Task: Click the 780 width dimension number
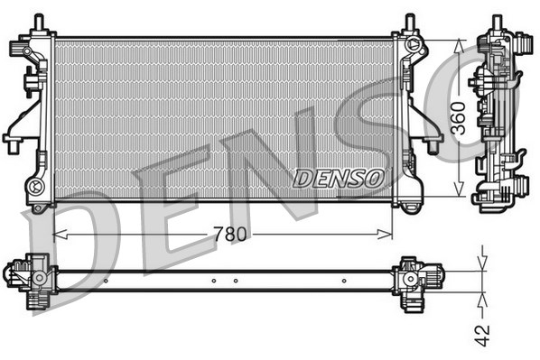pos(231,235)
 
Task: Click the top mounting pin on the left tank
pos(39,21)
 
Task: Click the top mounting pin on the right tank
pos(409,21)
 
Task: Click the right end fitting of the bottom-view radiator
pos(417,274)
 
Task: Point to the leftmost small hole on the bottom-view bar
pos(106,281)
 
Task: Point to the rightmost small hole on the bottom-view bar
pos(345,281)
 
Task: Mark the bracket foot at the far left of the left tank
pos(12,141)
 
